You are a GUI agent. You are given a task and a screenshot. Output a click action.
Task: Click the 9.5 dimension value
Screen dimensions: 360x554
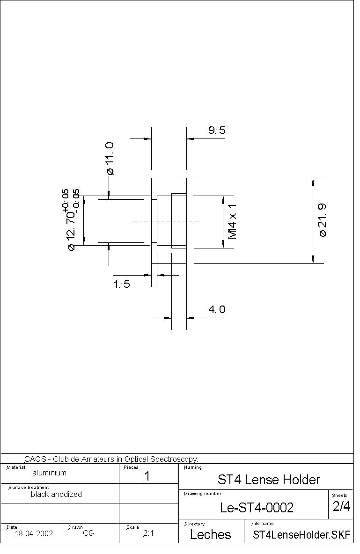point(217,130)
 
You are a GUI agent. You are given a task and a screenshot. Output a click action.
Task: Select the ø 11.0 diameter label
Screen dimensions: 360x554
point(110,158)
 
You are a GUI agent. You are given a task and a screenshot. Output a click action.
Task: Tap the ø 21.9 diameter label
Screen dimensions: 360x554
point(323,220)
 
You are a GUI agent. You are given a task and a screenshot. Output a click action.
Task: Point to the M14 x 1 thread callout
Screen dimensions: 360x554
point(232,221)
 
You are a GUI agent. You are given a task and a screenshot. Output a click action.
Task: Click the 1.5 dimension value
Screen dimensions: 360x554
point(122,284)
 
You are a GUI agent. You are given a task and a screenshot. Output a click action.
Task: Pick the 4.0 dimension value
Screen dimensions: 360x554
point(217,309)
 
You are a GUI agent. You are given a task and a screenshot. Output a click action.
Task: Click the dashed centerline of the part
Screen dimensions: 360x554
point(166,221)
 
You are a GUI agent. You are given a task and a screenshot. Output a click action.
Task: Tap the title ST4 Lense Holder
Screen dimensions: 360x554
point(269,480)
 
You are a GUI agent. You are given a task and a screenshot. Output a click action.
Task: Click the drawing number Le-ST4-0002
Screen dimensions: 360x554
point(257,508)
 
